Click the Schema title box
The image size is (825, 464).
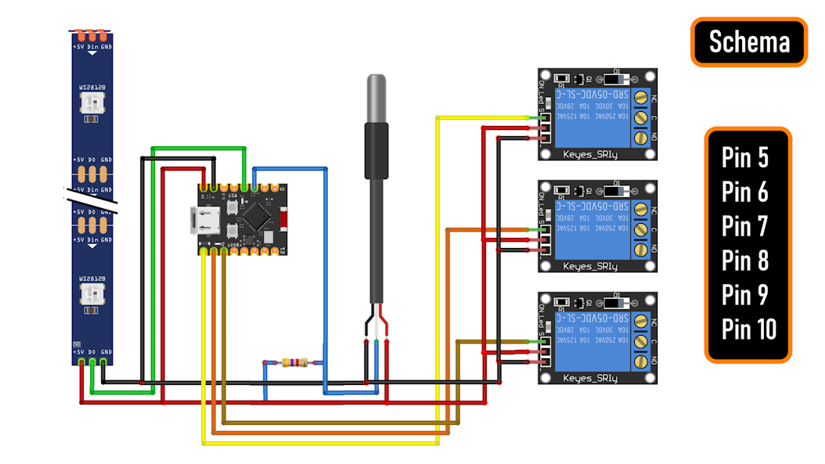[748, 41]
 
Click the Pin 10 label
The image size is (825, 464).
[748, 329]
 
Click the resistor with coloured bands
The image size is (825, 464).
[291, 362]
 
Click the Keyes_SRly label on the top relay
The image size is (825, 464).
[590, 154]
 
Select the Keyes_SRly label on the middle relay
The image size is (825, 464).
[590, 266]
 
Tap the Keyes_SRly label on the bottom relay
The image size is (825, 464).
[590, 379]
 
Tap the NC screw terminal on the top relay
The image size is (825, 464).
[641, 98]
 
